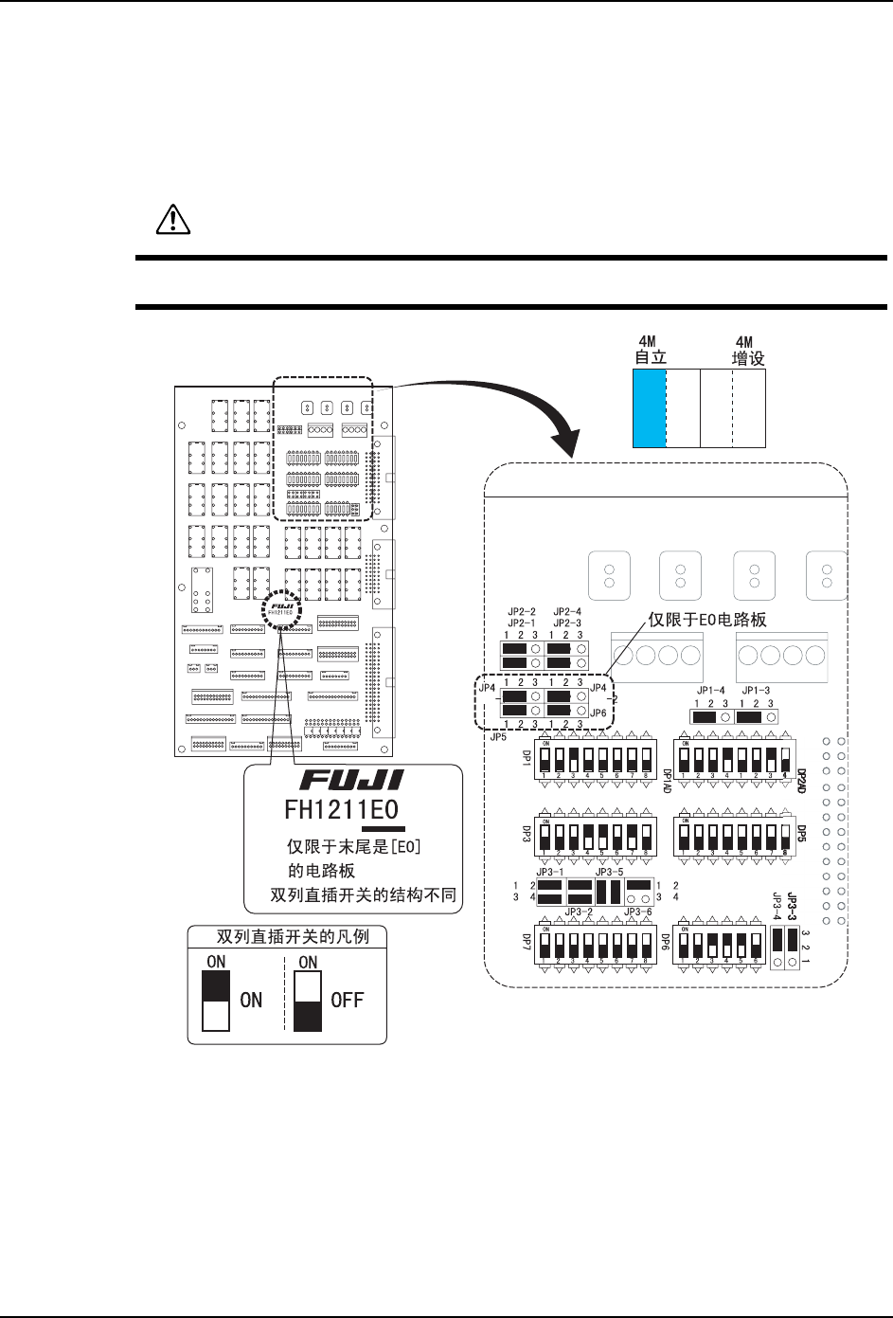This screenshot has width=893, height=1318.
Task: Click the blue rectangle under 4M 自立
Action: pos(650,407)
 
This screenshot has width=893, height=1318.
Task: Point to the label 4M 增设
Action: pos(748,352)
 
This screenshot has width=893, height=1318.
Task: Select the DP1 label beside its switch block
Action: pos(527,758)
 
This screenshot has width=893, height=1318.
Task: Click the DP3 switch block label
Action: pos(527,834)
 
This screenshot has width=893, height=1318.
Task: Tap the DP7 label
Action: pos(527,944)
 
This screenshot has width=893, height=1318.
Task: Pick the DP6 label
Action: pos(666,944)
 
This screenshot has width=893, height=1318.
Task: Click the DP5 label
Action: pos(801,834)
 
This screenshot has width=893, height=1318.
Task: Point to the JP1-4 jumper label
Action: pos(710,690)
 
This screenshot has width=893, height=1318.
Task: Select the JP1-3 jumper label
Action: pos(756,690)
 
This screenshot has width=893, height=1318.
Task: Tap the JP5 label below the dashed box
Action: pos(498,734)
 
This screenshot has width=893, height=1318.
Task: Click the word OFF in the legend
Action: pos(347,1000)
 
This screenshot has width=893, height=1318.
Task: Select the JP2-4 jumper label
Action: pos(567,611)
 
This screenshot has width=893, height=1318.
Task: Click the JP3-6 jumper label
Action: pos(637,912)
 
